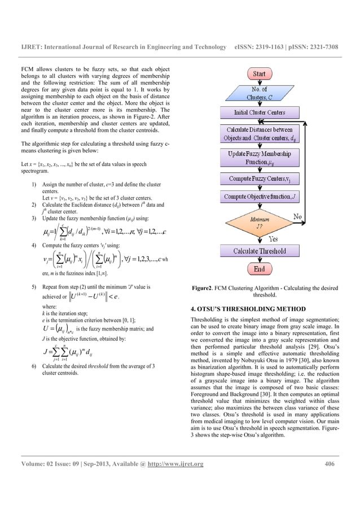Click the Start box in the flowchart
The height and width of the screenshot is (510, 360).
259,74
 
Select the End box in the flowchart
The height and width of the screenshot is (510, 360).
259,269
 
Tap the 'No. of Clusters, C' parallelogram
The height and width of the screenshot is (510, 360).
259,94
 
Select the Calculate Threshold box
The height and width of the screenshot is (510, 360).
259,251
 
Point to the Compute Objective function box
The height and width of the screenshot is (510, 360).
259,197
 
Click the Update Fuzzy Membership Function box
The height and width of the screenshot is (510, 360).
259,158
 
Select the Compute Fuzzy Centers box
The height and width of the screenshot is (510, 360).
259,179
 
